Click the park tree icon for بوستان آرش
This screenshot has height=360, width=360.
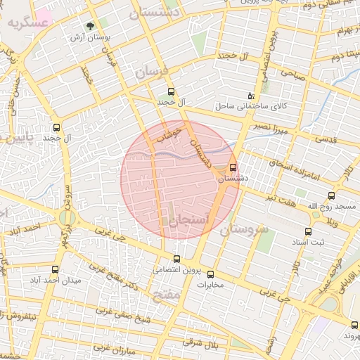coord(90,26)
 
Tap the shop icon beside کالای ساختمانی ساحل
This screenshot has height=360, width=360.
coord(252,96)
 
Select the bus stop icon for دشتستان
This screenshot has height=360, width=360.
coord(233,167)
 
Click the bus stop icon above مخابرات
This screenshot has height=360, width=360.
coord(210,274)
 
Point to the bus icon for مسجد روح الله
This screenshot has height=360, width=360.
coord(331,195)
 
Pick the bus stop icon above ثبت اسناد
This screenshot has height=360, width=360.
coord(308,231)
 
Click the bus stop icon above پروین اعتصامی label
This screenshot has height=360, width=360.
coord(176,259)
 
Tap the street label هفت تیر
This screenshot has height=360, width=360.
coord(280,199)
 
